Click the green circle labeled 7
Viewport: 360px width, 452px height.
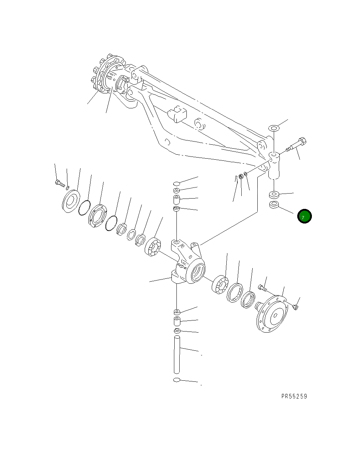coord(304,216)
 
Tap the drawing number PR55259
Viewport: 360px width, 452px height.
coord(294,396)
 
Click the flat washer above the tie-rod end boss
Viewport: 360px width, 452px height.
coord(274,128)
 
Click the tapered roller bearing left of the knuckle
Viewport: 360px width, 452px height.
coord(153,246)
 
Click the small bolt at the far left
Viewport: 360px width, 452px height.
coord(59,184)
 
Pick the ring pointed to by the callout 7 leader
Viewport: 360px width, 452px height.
coord(274,206)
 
